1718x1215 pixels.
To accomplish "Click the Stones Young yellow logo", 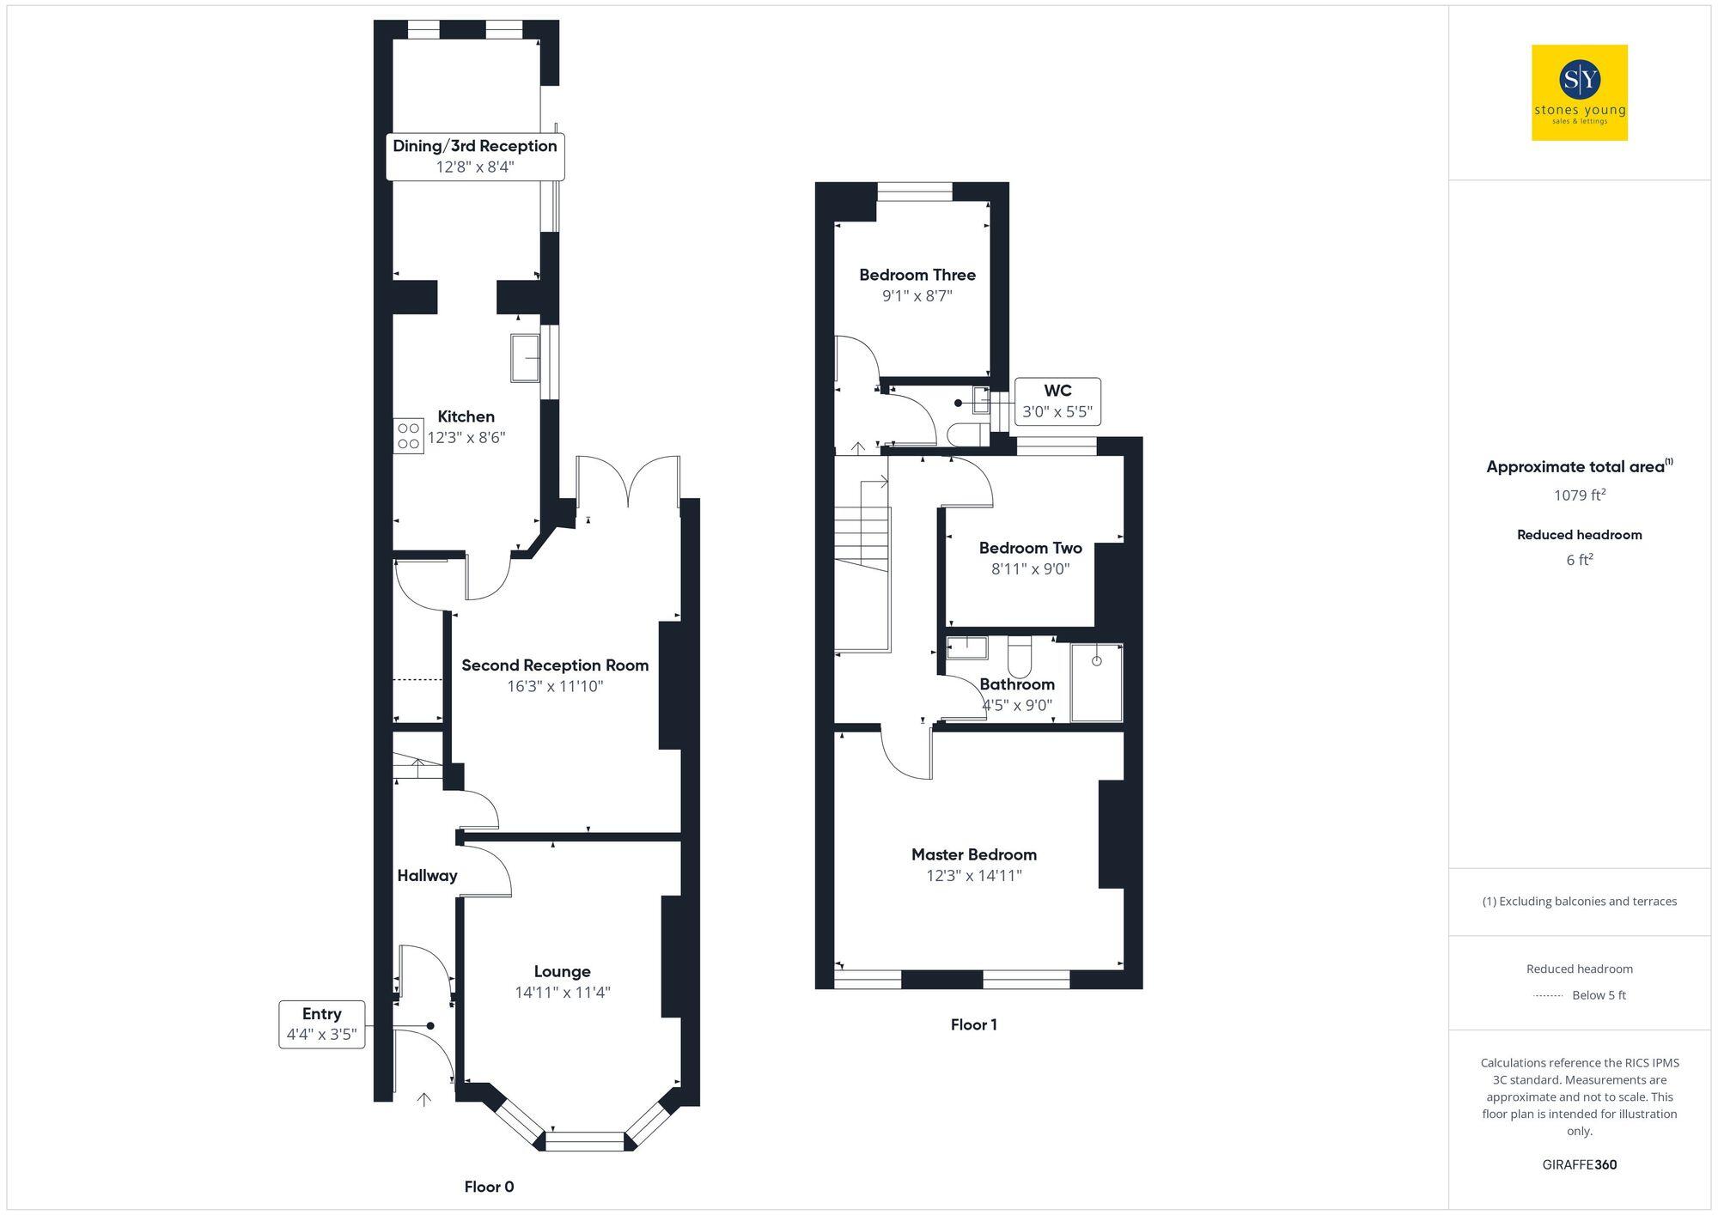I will [x=1579, y=93].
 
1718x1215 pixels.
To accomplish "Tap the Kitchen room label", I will [x=466, y=416].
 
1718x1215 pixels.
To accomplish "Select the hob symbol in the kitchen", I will [x=409, y=436].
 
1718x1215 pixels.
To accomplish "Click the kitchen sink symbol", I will [x=525, y=357].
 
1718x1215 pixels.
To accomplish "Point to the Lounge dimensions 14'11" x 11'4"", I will [x=562, y=993].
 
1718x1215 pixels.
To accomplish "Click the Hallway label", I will [x=427, y=876].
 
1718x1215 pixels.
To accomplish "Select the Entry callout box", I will [x=322, y=1024].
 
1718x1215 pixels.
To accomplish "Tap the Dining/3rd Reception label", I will [x=475, y=146].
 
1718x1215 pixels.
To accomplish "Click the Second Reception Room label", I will [x=555, y=665].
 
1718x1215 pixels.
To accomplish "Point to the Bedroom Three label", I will [x=917, y=275].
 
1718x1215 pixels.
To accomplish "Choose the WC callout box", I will [x=1057, y=401].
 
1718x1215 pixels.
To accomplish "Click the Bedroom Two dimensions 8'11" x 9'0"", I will [x=1030, y=568].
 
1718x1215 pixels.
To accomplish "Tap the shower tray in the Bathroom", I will [x=1096, y=683].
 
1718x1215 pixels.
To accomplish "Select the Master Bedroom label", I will [x=973, y=854].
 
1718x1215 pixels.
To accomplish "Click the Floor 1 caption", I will [x=973, y=1024].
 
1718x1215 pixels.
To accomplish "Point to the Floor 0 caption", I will [x=489, y=1187].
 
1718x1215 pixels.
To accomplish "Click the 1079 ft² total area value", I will [x=1579, y=495].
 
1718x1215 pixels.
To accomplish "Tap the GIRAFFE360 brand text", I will [x=1579, y=1165].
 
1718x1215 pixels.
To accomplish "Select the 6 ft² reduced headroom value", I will [x=1579, y=560].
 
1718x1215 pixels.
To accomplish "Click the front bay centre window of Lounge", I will [x=585, y=1142].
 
